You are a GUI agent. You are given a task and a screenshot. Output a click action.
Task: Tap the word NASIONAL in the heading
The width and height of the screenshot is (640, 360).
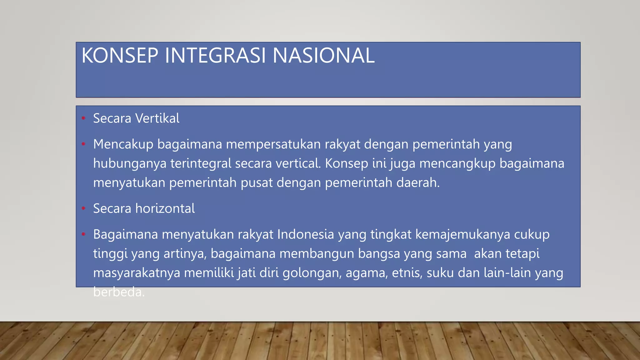323,56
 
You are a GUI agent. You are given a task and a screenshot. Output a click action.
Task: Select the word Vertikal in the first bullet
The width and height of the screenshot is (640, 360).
157,118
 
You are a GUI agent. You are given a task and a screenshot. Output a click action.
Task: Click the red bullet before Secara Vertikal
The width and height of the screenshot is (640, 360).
83,118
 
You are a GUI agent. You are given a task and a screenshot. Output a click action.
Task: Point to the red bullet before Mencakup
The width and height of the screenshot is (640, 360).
83,144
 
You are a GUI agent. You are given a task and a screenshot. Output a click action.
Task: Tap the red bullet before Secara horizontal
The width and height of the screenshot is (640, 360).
83,208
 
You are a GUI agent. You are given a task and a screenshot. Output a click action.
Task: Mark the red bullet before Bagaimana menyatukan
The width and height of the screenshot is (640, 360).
83,234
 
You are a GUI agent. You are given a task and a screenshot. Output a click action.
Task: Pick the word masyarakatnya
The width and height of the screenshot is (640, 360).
137,273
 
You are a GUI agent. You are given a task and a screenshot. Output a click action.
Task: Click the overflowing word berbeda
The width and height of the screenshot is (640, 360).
119,292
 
